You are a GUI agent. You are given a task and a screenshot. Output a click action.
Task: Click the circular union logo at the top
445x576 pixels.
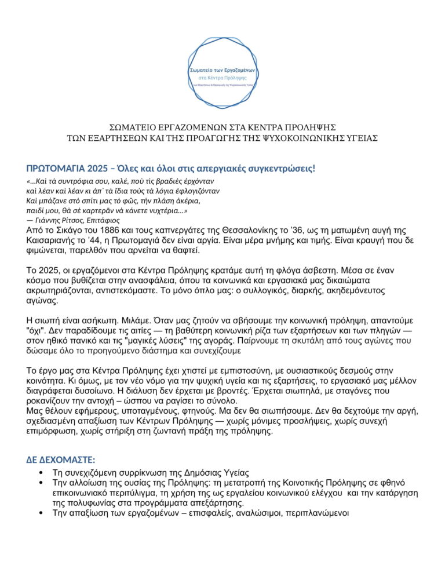[222, 73]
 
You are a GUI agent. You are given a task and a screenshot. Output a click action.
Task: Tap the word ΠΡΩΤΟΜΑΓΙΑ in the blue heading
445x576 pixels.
[56, 169]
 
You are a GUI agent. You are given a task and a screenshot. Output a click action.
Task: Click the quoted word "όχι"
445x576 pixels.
[35, 330]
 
